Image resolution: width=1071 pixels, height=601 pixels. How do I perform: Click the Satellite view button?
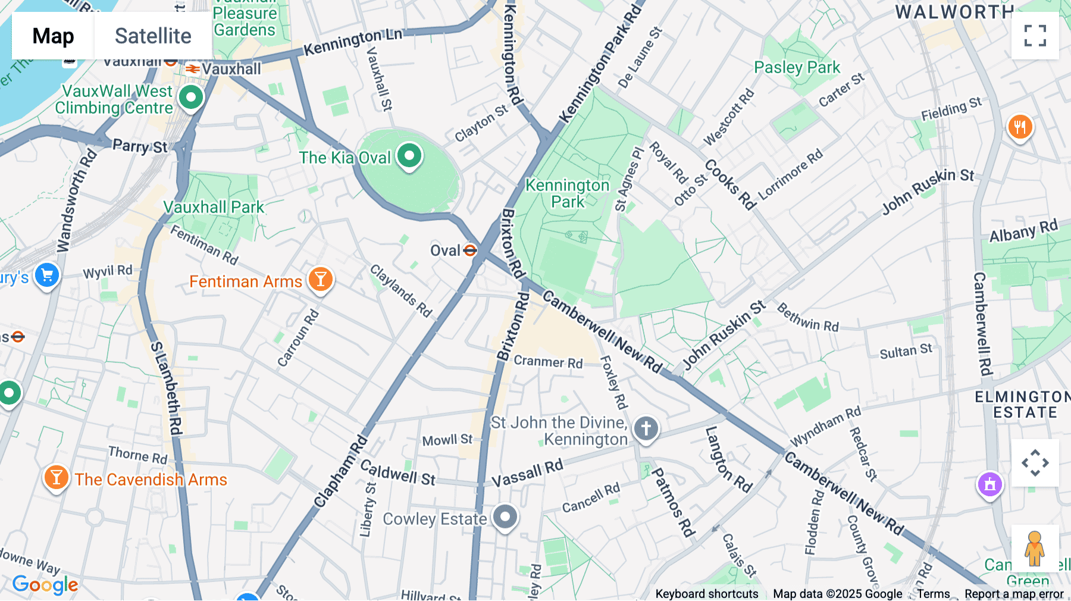[153, 36]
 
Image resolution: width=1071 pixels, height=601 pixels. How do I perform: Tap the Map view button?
[53, 36]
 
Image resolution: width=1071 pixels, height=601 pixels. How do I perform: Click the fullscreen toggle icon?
[1035, 36]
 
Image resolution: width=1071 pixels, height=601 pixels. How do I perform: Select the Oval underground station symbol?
[470, 251]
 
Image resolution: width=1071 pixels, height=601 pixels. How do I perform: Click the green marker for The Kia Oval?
[409, 156]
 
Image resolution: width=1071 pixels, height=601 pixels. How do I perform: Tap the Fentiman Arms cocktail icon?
[321, 278]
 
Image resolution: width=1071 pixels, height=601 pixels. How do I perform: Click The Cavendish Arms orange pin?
[56, 477]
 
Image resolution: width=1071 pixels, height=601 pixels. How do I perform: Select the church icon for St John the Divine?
[646, 428]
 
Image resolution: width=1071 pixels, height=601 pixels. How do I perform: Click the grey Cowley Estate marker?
[505, 517]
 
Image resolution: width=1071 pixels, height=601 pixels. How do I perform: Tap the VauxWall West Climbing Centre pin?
[191, 97]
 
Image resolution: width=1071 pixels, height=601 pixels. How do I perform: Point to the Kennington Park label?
[568, 193]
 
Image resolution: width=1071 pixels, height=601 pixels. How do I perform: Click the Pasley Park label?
[797, 67]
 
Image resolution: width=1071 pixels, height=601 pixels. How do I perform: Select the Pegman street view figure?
[1034, 549]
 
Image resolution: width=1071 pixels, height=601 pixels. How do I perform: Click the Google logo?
[45, 585]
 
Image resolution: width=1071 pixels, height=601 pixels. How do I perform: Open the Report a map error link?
[1014, 594]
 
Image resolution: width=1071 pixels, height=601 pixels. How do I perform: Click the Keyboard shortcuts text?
[706, 594]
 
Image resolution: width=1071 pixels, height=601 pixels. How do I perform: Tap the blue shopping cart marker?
[47, 276]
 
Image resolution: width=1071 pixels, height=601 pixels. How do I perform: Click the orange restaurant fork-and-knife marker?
[1020, 126]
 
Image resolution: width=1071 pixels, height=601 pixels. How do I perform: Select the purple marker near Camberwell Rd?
[990, 484]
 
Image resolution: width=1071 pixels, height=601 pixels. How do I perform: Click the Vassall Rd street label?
[527, 474]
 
